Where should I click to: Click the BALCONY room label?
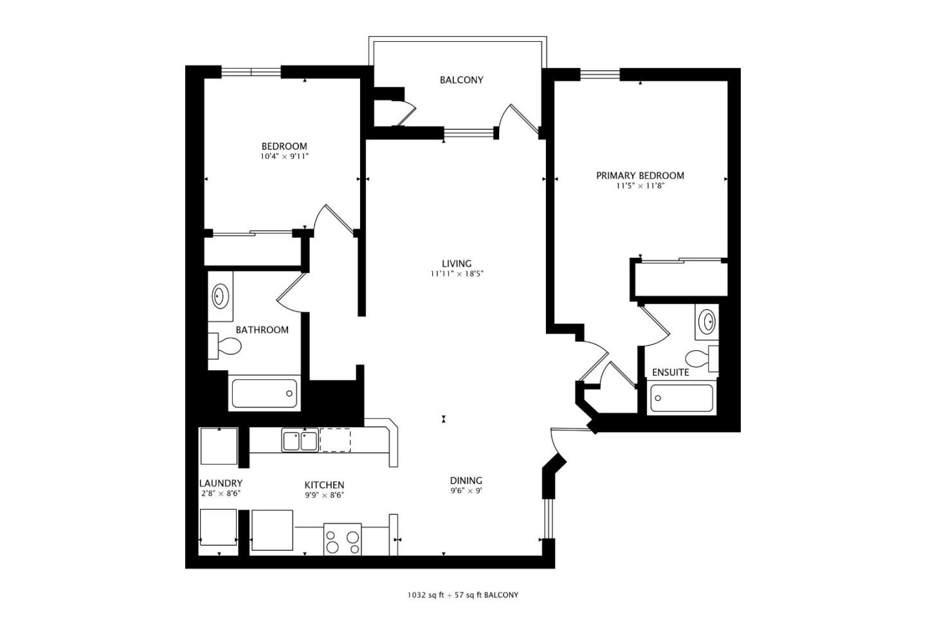pyautogui.click(x=461, y=80)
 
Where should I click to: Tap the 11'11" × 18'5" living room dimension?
pyautogui.click(x=457, y=274)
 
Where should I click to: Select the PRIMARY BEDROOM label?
pyautogui.click(x=640, y=175)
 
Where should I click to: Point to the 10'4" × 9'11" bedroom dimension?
pyautogui.click(x=284, y=156)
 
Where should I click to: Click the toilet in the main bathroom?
pyautogui.click(x=225, y=347)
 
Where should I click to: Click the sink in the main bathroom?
pyautogui.click(x=220, y=297)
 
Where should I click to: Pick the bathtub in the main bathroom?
pyautogui.click(x=264, y=393)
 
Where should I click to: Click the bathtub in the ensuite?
pyautogui.click(x=681, y=398)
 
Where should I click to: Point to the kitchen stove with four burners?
pyautogui.click(x=342, y=539)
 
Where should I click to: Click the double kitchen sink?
pyautogui.click(x=300, y=441)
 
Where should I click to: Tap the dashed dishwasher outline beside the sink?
pyautogui.click(x=335, y=440)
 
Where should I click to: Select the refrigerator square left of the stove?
pyautogui.click(x=272, y=530)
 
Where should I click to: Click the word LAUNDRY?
pyautogui.click(x=221, y=483)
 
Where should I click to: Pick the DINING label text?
pyautogui.click(x=466, y=481)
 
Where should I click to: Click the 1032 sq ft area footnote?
pyautogui.click(x=462, y=595)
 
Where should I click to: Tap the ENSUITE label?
pyautogui.click(x=670, y=372)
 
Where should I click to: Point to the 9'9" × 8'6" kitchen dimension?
pyautogui.click(x=324, y=495)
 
